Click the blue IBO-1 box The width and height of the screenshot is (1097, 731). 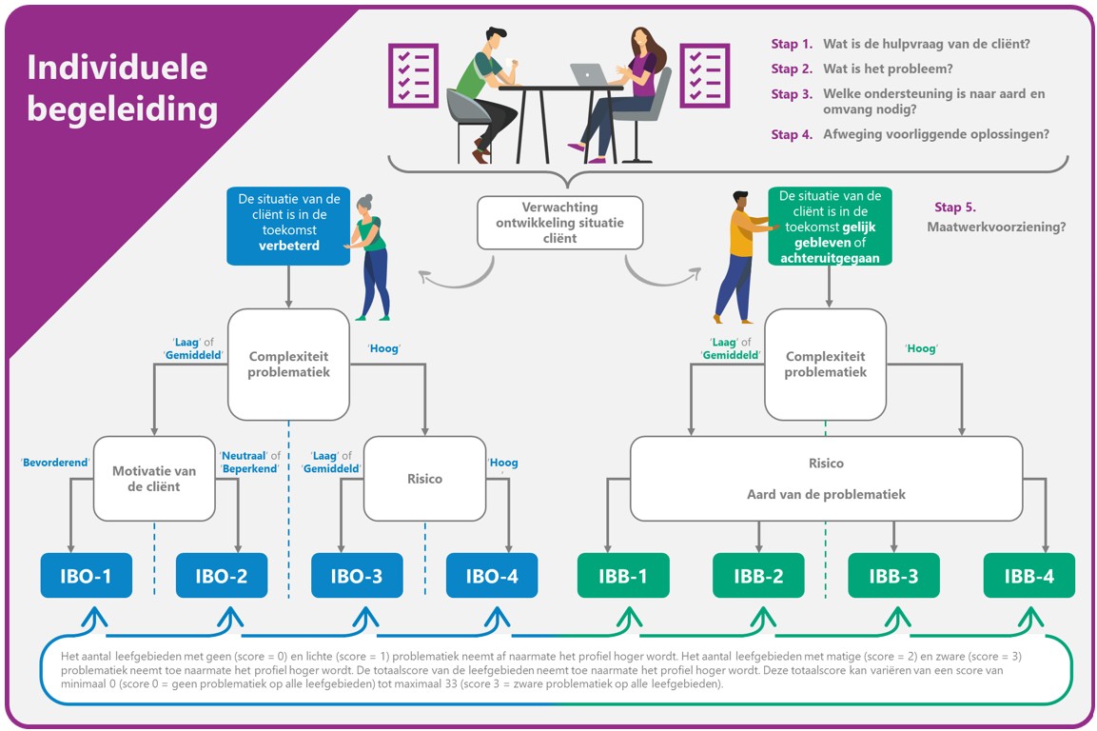(x=86, y=576)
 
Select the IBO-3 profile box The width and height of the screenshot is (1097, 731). (x=357, y=576)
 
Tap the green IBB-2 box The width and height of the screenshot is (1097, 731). (x=758, y=576)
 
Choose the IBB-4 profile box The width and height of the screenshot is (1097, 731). (x=1028, y=576)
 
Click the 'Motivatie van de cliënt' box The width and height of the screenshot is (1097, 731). (x=154, y=479)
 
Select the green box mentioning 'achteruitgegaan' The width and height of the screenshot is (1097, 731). (x=830, y=226)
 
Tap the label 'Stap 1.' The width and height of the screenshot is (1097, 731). (x=792, y=44)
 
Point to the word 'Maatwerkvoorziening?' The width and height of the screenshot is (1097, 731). (x=996, y=227)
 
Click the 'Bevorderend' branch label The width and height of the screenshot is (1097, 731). (x=55, y=463)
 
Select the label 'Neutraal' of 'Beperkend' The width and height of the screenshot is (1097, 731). (x=249, y=461)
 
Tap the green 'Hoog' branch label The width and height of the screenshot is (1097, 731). (x=921, y=348)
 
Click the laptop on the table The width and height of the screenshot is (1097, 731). (x=587, y=73)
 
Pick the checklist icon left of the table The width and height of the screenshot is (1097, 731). (x=413, y=75)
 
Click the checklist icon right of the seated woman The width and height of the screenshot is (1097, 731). (x=704, y=75)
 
